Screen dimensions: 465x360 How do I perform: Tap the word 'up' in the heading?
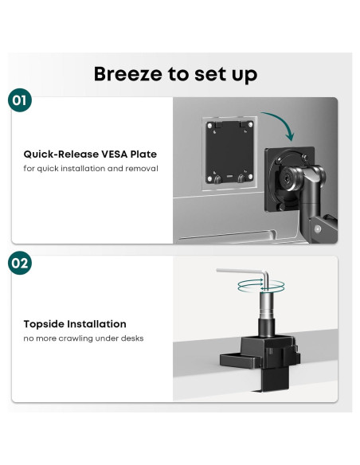[x=243, y=74]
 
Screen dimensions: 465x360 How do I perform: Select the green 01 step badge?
[x=20, y=101]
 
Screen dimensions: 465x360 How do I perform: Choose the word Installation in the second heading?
[x=100, y=324]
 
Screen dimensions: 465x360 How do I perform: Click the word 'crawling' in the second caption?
[x=87, y=339]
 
